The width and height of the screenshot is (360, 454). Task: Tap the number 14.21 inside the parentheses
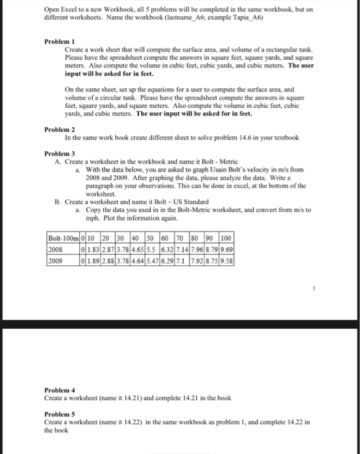(132, 399)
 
